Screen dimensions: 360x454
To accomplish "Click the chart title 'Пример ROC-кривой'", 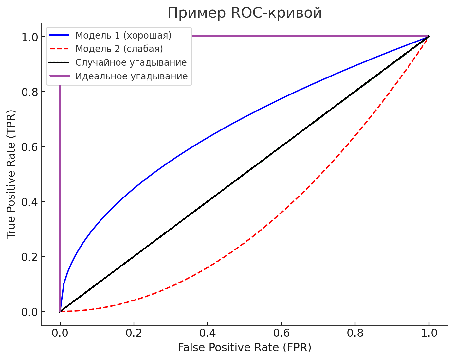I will [x=245, y=13].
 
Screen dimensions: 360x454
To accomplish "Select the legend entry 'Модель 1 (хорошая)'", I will [x=123, y=35].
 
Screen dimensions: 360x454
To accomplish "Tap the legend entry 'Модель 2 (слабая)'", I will [x=119, y=49].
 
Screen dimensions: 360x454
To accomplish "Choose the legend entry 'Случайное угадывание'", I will [x=131, y=62].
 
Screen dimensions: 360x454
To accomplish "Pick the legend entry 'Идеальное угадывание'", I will [x=131, y=76].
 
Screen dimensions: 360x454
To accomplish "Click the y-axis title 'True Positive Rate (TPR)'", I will [x=11, y=174].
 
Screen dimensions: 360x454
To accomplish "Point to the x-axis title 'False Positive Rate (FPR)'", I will [x=245, y=347].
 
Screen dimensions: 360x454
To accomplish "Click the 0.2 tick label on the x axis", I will [x=134, y=333].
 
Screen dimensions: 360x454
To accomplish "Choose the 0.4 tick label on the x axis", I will [x=208, y=333].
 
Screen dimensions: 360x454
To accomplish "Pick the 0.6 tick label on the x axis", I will [x=281, y=333].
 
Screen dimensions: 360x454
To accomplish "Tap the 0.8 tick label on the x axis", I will [x=355, y=333].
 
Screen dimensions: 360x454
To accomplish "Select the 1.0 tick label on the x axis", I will [x=429, y=333].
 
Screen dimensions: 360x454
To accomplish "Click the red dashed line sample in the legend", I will [x=60, y=49].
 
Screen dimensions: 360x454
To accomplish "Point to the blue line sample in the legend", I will [x=60, y=35].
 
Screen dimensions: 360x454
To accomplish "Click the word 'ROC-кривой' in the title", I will [x=276, y=13].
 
